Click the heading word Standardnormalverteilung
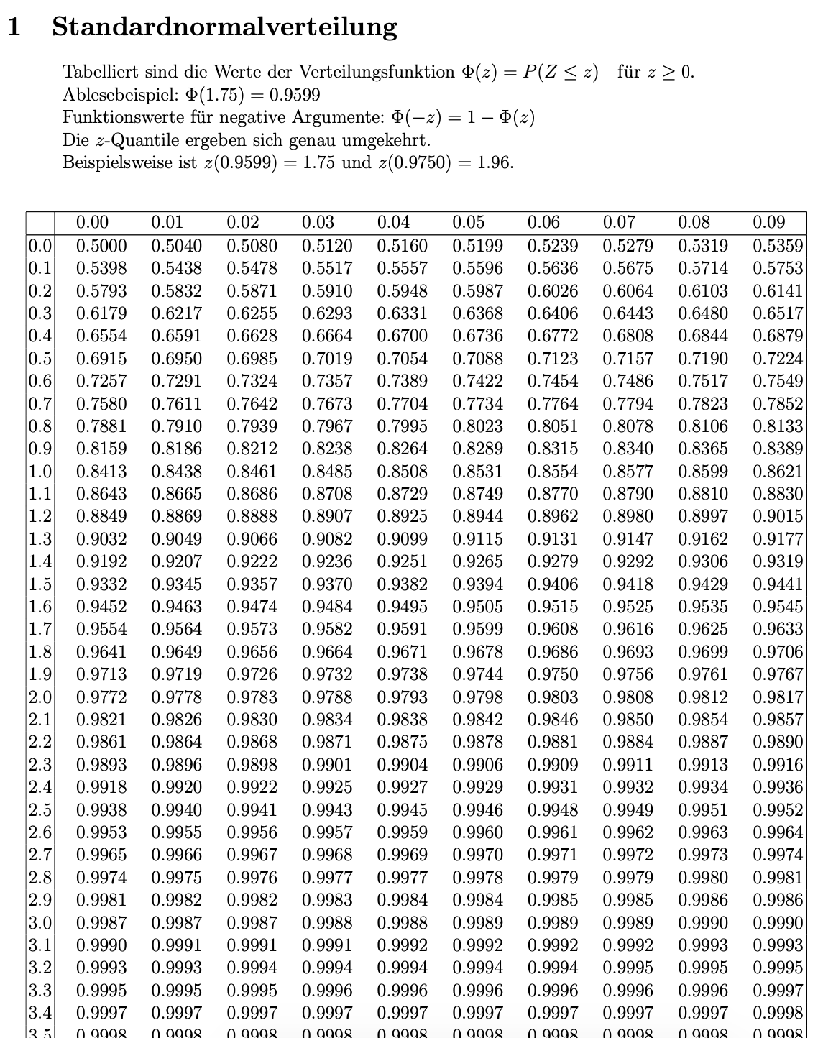(224, 27)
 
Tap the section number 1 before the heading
(14, 27)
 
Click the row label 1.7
(40, 629)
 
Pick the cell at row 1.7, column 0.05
(477, 629)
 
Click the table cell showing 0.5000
(101, 245)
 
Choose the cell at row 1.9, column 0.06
(552, 674)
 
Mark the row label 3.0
(40, 922)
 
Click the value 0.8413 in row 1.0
(101, 472)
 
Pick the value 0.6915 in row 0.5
(101, 358)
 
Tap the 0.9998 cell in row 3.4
(777, 1013)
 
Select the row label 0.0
(40, 245)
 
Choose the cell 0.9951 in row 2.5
(702, 809)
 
